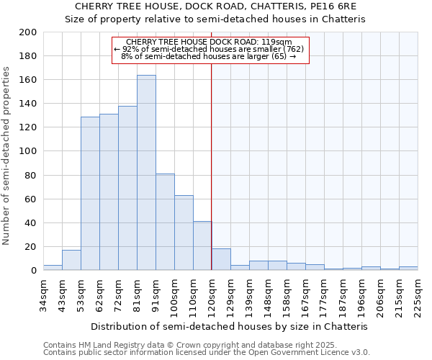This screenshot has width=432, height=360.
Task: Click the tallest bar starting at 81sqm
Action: pyautogui.click(x=146, y=173)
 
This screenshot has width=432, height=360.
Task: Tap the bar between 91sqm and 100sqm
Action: pyautogui.click(x=165, y=222)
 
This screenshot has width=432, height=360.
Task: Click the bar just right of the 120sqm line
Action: pyautogui.click(x=221, y=259)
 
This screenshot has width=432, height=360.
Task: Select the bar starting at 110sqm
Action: pyautogui.click(x=202, y=246)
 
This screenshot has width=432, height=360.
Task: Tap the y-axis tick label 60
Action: pyautogui.click(x=30, y=199)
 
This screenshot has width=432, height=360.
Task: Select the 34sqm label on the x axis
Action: pyautogui.click(x=43, y=292)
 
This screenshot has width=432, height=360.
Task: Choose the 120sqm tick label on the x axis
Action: pyautogui.click(x=212, y=294)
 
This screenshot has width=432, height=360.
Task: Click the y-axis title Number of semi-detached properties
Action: pyautogui.click(x=7, y=156)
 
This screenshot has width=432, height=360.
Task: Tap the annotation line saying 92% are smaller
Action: pyautogui.click(x=210, y=49)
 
